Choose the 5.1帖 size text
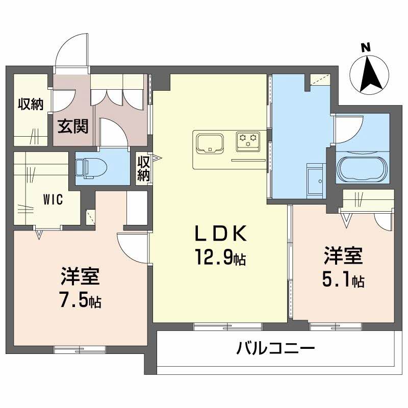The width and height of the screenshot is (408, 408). coord(343,279)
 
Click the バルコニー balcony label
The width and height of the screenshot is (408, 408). coord(275,349)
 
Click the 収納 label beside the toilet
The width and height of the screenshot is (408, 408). coord(143,168)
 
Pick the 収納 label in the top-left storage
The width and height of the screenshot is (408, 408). coord(30,105)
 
